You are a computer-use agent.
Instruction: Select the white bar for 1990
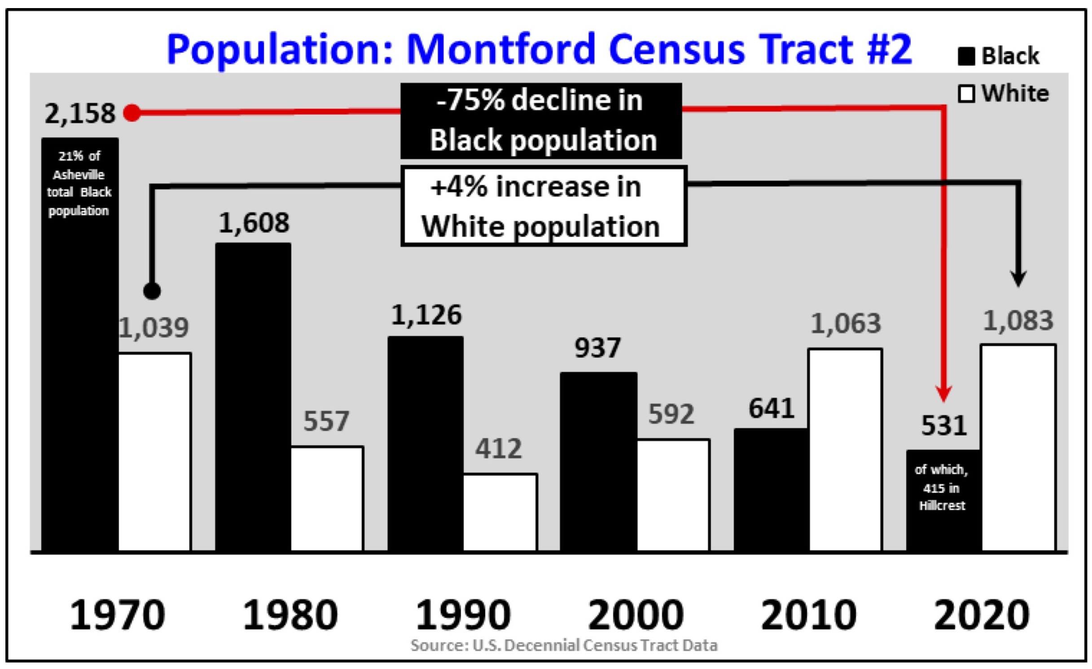pos(500,512)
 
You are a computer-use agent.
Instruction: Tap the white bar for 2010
pos(845,450)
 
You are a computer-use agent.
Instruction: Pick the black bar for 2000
pos(598,461)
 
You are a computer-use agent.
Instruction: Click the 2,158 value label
pos(80,114)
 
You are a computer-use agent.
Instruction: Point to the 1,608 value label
pos(254,222)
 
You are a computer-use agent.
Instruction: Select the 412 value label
pos(499,448)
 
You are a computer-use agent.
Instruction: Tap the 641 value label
pos(771,408)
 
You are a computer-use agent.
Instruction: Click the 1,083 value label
pos(1018,321)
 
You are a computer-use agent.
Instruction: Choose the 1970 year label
pos(118,615)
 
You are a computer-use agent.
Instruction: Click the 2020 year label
pos(982,615)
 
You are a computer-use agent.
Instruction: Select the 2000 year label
pos(636,615)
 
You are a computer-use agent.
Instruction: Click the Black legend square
pos(966,57)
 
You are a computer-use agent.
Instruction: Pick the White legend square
pos(966,94)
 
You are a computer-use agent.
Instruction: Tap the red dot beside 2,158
pos(132,113)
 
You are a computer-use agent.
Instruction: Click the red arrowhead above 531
pos(944,394)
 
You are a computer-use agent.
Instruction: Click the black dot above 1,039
pos(152,291)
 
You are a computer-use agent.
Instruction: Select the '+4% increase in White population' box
pos(544,206)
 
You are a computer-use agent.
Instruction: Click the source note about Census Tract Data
pos(564,645)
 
